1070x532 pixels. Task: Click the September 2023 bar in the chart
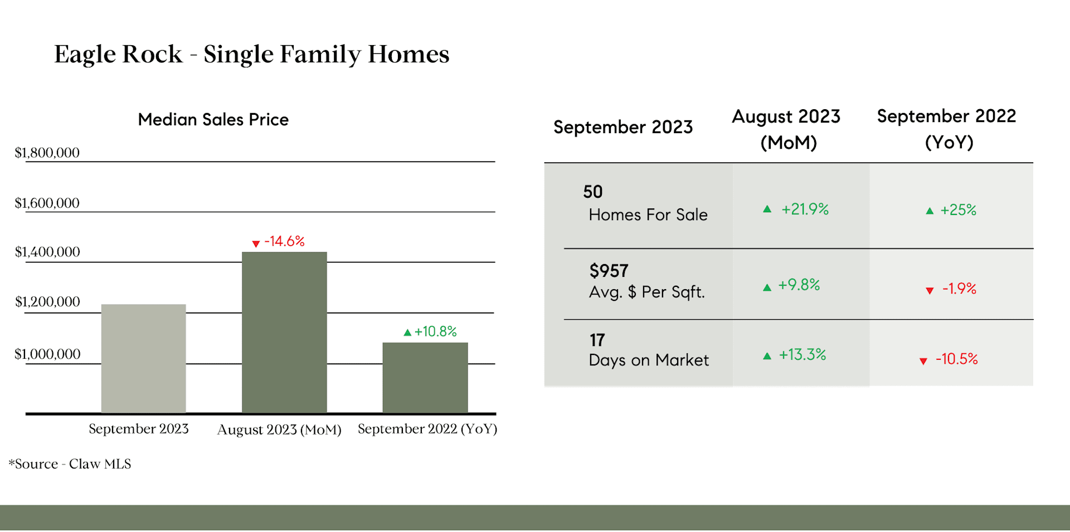pos(144,359)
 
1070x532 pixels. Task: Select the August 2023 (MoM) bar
pos(284,333)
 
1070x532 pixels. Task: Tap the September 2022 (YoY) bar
pos(425,378)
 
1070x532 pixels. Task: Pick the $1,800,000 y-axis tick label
pos(47,153)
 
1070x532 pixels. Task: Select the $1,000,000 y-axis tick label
pos(47,354)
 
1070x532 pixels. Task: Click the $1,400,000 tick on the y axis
pos(47,252)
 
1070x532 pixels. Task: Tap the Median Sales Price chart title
pos(213,120)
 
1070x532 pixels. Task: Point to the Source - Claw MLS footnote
pos(70,464)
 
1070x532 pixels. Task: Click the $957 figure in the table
pos(609,271)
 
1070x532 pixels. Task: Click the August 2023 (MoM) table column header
pos(786,129)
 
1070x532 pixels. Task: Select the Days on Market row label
pos(649,360)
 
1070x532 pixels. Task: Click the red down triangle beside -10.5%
pos(923,362)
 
